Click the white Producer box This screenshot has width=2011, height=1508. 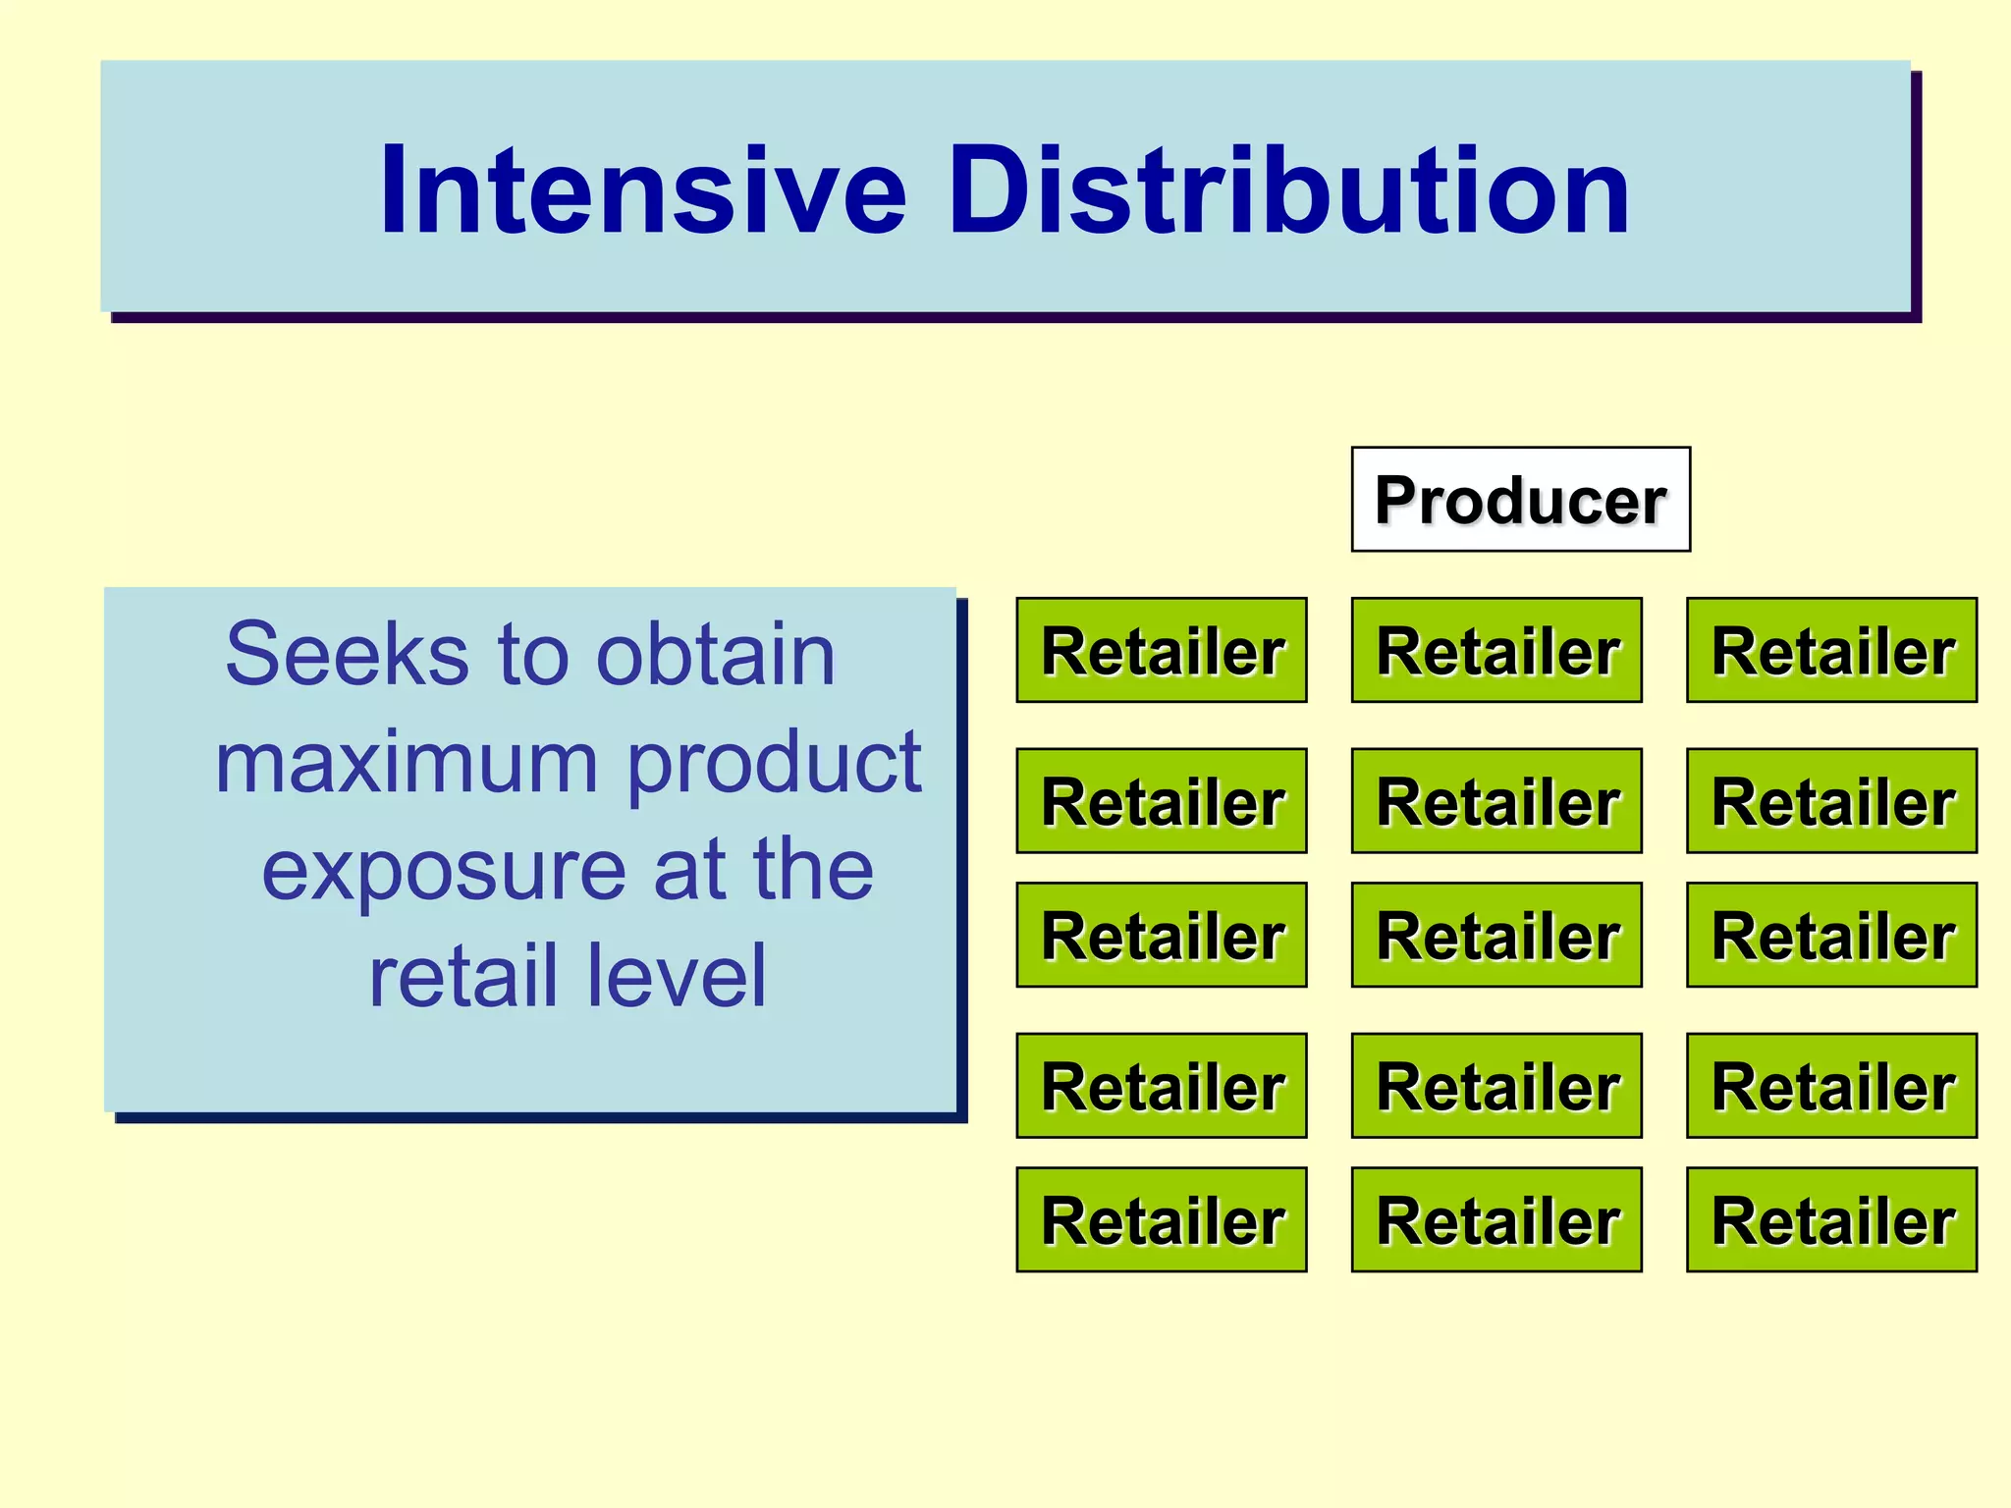[1520, 500]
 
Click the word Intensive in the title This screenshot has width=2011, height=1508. [642, 190]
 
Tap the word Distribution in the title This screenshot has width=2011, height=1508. [1287, 190]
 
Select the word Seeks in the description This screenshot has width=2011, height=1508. [347, 654]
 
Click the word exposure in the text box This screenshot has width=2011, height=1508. [443, 870]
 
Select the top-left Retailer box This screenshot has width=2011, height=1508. [1161, 650]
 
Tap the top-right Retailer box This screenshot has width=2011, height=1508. [1831, 650]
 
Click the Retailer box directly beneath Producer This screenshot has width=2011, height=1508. [1496, 650]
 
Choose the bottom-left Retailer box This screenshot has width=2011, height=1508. [1161, 1219]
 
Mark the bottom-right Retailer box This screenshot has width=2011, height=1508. [1831, 1219]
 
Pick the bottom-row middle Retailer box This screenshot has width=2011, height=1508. [1496, 1219]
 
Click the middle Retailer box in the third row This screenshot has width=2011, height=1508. [1496, 935]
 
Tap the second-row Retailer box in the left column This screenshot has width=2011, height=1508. [1161, 801]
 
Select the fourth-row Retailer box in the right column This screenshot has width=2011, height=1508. [1831, 1085]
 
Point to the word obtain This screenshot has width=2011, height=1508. [716, 654]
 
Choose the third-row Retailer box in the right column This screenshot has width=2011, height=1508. [1831, 935]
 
